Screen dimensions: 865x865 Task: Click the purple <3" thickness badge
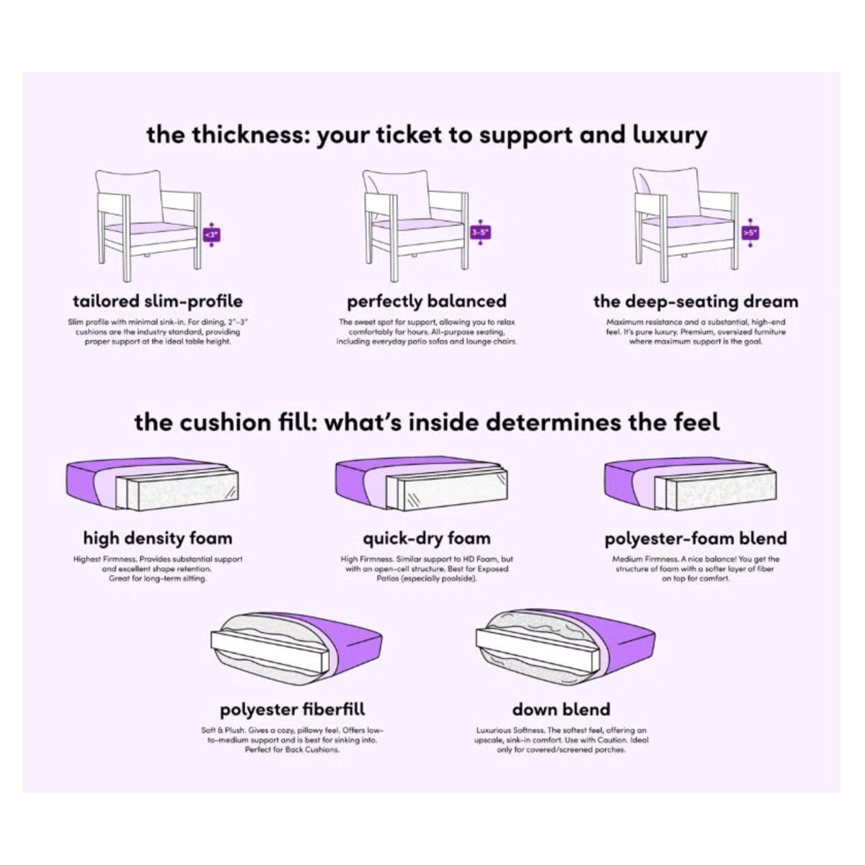(213, 234)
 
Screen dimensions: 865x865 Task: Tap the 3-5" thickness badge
(480, 233)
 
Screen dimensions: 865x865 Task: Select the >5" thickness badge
(750, 233)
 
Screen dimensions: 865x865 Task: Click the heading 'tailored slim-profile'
(158, 301)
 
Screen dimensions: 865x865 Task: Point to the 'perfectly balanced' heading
(427, 301)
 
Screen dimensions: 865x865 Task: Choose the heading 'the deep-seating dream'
(696, 301)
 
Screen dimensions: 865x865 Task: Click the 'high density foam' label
(158, 538)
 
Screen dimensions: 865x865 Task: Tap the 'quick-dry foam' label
(427, 538)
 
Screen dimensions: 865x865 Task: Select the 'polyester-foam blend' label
(696, 538)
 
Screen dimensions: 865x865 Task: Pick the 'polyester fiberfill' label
(292, 709)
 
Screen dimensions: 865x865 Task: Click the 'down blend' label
(561, 709)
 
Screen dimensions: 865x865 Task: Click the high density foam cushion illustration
(153, 484)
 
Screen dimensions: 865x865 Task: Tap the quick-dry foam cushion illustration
(422, 484)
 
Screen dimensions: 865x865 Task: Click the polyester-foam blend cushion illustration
(691, 484)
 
